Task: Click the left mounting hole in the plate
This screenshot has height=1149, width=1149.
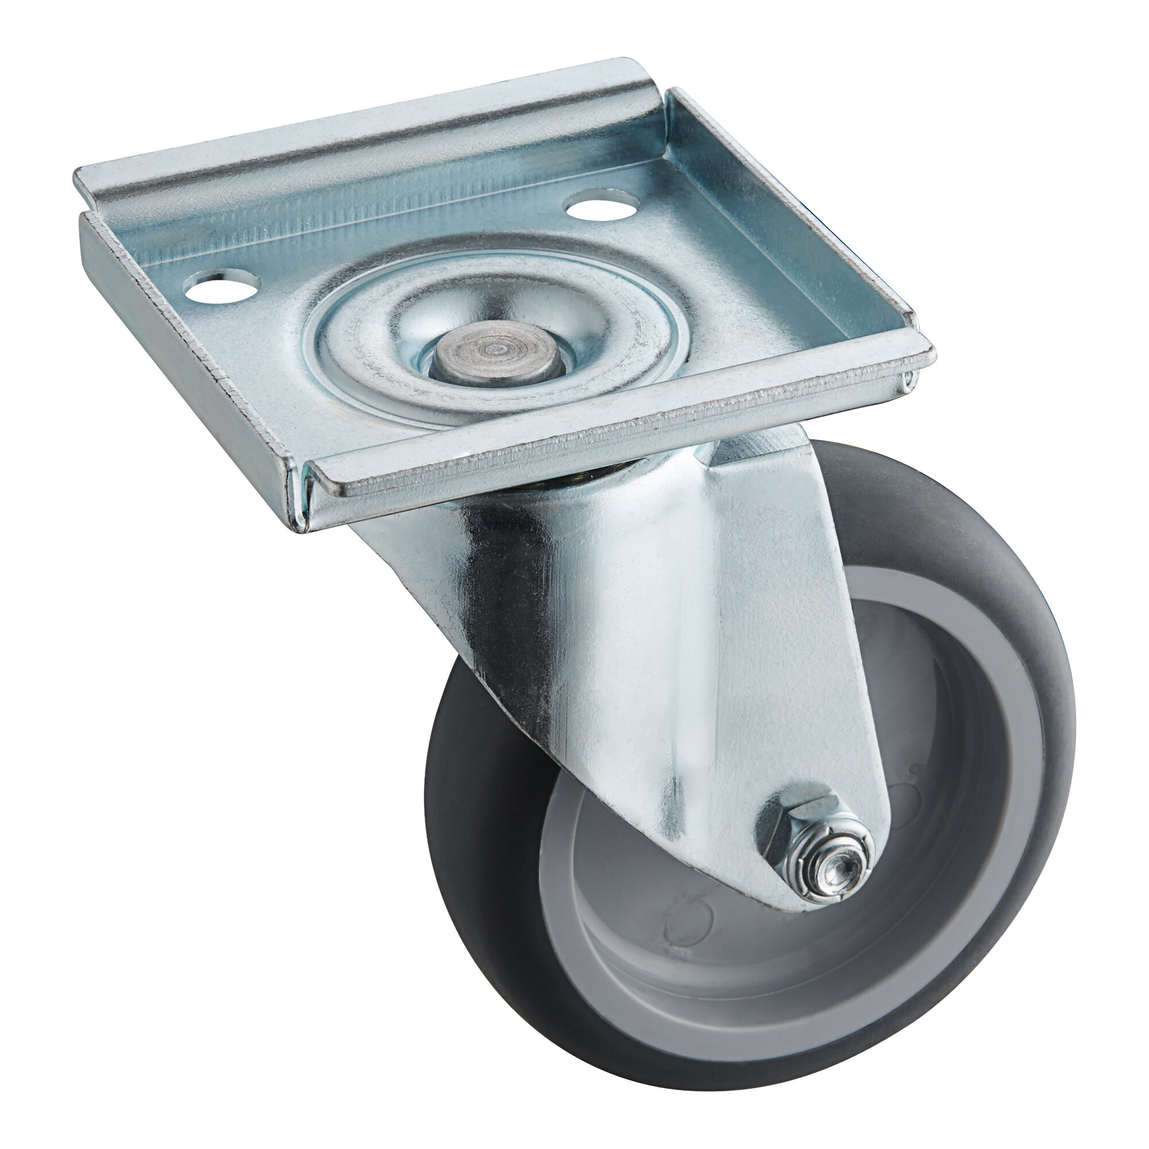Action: click(x=222, y=287)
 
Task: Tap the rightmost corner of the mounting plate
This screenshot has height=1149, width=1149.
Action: click(x=931, y=354)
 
